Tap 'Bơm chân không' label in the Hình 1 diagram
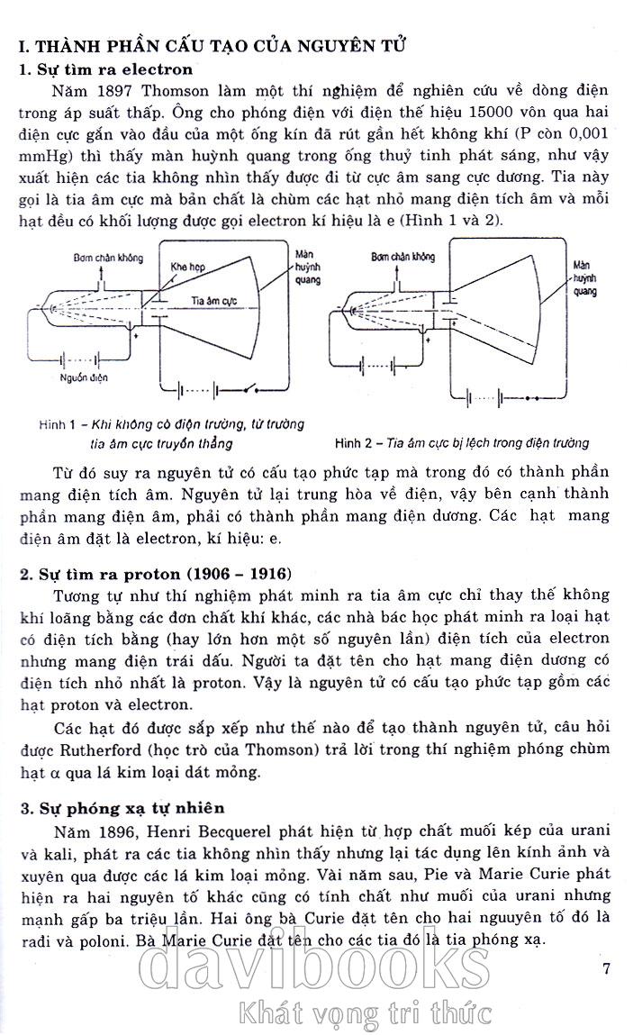[x=108, y=258]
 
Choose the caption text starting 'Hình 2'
[x=461, y=442]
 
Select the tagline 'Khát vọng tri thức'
[x=362, y=1013]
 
